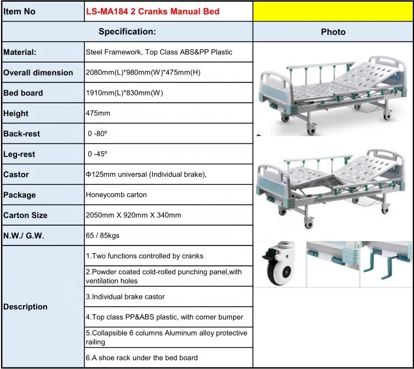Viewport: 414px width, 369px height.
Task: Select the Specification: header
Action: pos(127,32)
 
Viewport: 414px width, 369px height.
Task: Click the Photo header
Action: pos(333,32)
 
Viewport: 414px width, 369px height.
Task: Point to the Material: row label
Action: pos(20,53)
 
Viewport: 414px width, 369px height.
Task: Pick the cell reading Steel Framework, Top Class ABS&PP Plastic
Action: pos(159,52)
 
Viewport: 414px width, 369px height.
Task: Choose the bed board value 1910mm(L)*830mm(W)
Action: pos(125,93)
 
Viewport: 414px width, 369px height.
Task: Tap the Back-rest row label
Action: pos(22,133)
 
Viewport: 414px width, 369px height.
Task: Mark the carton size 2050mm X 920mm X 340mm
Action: pos(133,215)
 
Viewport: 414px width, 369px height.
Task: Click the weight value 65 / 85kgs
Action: pos(103,236)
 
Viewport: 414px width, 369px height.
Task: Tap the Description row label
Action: pos(25,306)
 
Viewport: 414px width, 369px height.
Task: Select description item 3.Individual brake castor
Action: pos(125,297)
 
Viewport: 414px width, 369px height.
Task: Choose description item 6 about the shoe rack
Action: pos(141,357)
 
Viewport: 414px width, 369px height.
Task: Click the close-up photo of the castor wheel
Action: pos(279,264)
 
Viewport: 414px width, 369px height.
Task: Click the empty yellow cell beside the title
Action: pos(333,11)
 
